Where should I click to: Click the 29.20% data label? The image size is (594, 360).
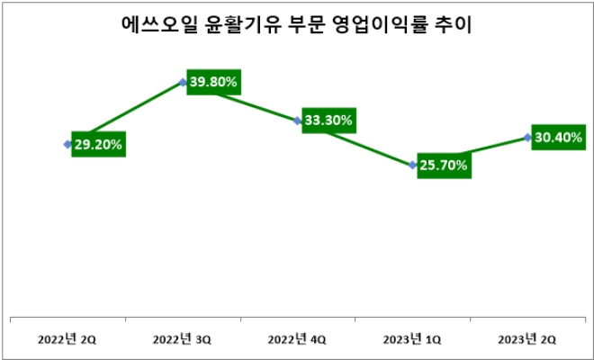tap(98, 143)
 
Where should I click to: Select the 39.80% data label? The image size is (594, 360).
tap(213, 82)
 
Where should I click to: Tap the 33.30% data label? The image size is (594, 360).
tap(328, 120)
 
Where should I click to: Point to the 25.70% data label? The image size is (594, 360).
tap(444, 166)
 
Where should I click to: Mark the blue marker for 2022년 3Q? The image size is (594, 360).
tap(183, 83)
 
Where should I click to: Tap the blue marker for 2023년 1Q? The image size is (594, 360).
tap(412, 165)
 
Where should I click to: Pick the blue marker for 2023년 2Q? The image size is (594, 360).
tap(527, 137)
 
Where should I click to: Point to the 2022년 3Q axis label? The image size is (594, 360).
tap(183, 339)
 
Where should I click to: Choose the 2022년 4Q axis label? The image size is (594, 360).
tap(298, 339)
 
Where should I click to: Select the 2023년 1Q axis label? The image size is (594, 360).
tap(412, 339)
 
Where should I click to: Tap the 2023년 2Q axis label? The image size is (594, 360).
tap(527, 339)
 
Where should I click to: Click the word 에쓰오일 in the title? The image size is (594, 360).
tap(153, 26)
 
